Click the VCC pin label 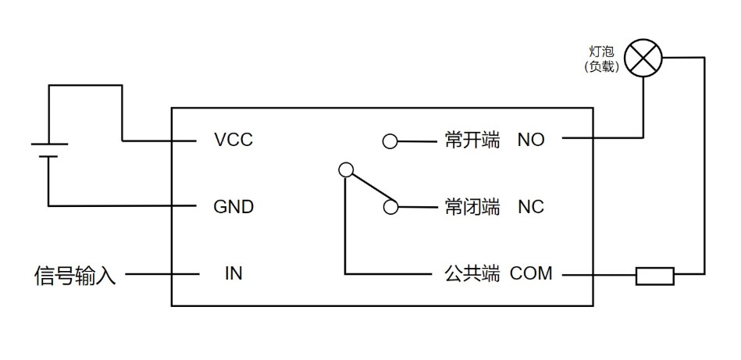coord(233,141)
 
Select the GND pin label coord(233,207)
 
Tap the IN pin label coord(233,274)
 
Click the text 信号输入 coord(75,276)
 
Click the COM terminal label coord(531,274)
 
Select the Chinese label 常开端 coord(472,141)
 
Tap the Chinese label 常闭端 coord(472,207)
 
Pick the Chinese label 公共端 coord(472,274)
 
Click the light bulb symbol coord(646,59)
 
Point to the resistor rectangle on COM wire coord(654,275)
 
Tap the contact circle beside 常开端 coord(390,141)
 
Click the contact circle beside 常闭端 coord(390,207)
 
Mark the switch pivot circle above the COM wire coord(344,169)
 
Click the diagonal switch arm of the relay coord(367,187)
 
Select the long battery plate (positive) coord(48,144)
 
